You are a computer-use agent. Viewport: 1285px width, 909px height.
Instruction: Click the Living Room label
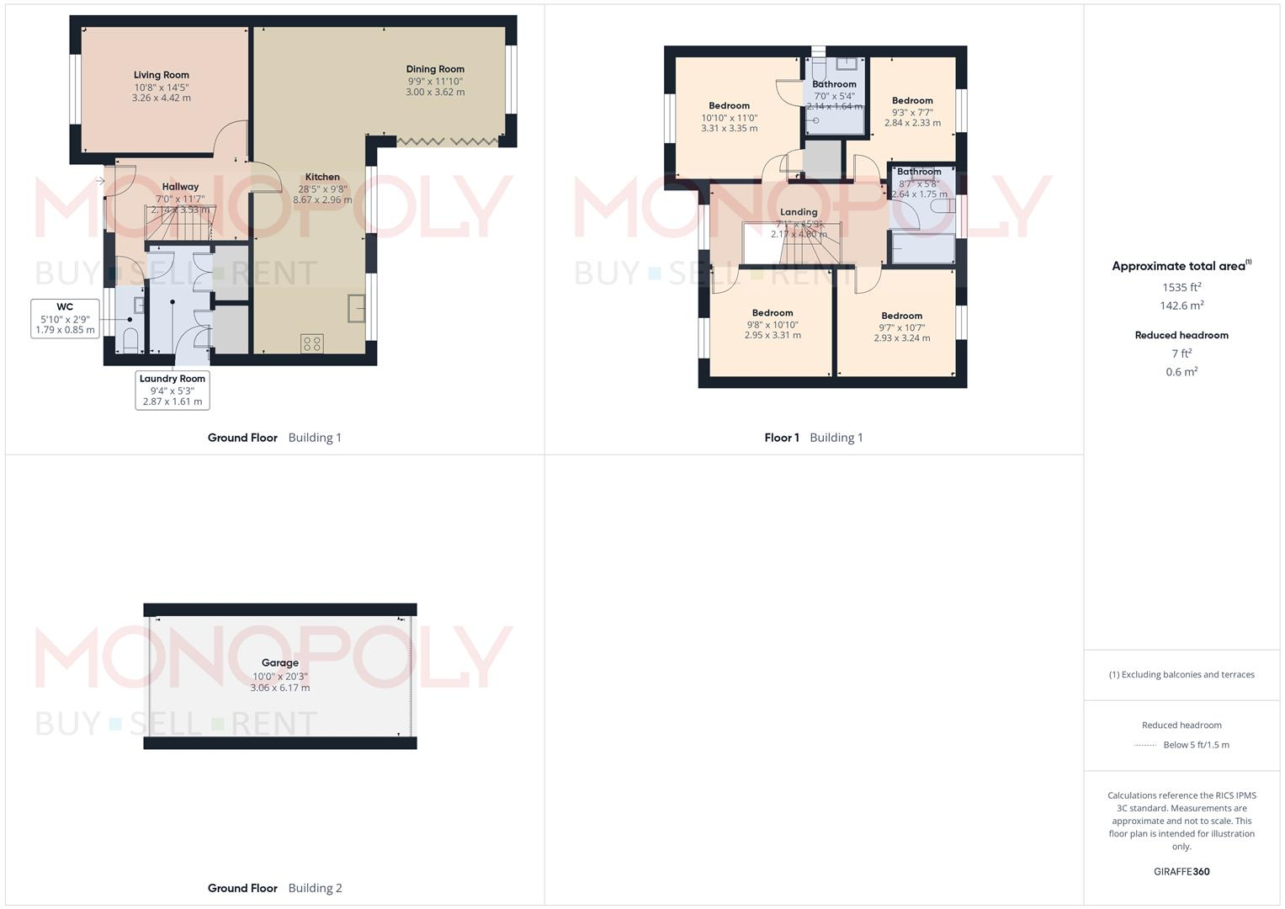point(161,75)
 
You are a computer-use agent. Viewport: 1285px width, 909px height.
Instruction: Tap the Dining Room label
point(435,69)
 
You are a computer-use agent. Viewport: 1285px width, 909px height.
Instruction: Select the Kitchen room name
point(322,177)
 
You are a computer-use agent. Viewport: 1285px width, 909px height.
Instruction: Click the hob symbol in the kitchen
point(312,343)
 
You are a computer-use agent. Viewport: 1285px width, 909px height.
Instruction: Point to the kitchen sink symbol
point(357,308)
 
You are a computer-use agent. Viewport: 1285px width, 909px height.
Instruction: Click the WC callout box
point(65,318)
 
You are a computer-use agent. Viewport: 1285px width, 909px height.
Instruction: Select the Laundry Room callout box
point(173,391)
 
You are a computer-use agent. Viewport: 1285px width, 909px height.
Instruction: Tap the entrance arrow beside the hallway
point(100,181)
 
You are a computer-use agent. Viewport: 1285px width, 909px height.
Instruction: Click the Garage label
point(279,662)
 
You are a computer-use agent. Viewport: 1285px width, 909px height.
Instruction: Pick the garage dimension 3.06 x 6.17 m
point(279,688)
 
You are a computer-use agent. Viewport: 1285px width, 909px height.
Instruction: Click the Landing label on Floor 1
point(799,212)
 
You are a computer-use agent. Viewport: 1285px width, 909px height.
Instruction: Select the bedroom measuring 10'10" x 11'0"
point(729,117)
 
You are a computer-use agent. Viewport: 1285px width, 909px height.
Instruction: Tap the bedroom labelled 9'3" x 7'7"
point(912,111)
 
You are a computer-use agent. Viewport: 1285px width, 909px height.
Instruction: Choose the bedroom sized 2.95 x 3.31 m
point(773,324)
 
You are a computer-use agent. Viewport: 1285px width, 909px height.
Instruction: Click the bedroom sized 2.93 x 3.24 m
point(901,327)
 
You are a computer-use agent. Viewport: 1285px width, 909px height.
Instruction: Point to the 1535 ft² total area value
point(1181,287)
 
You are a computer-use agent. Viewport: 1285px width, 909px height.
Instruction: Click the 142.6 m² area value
point(1181,306)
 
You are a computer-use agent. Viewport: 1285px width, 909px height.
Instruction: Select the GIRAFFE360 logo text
point(1181,872)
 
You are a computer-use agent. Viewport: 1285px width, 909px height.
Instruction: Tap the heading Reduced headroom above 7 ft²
point(1181,335)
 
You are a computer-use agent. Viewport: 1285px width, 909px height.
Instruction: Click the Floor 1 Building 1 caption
point(813,438)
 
